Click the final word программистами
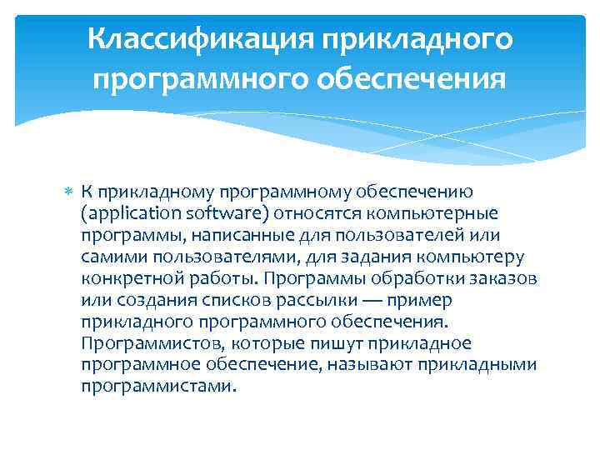click(x=159, y=387)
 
